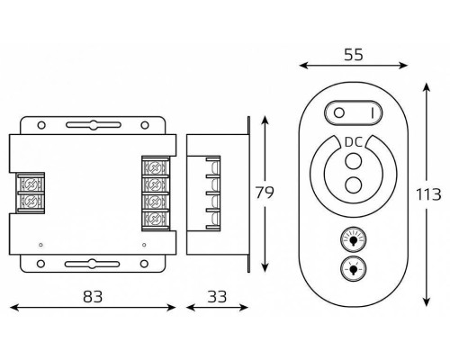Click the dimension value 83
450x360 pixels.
93,297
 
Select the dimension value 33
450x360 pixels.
217,297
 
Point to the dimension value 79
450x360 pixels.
265,193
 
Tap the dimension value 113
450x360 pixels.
428,194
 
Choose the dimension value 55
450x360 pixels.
354,55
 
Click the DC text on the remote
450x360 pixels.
354,142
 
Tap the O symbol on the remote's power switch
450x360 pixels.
339,113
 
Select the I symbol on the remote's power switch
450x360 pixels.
373,113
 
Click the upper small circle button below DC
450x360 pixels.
354,161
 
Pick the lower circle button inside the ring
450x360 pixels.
354,184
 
